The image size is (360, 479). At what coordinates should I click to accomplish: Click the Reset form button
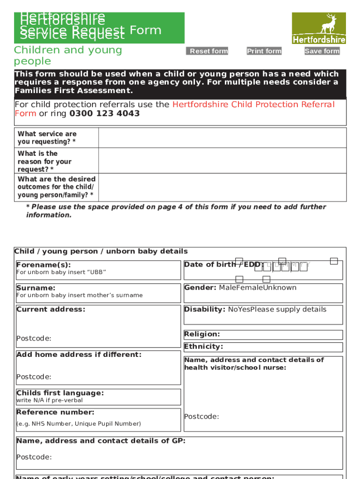207,51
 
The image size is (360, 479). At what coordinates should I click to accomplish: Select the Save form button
322,51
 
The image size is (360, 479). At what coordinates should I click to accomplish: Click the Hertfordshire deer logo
319,28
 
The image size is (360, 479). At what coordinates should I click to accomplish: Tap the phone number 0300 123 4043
104,114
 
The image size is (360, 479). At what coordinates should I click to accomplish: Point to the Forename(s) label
43,265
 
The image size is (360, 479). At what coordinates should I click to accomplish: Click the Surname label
36,288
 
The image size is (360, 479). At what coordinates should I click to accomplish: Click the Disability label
205,309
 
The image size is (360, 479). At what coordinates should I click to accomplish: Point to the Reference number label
55,412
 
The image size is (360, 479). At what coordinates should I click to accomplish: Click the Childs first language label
60,393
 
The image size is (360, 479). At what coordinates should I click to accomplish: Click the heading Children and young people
68,55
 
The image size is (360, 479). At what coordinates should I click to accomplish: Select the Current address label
51,309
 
